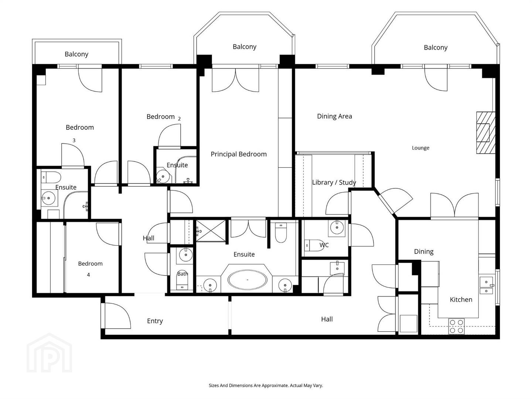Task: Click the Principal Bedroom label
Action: point(239,154)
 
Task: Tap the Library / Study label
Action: point(334,183)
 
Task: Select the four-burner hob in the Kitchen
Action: point(457,326)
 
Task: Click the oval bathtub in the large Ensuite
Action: point(247,280)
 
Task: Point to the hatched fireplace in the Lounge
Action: point(486,133)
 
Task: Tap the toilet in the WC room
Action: point(314,246)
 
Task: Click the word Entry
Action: point(155,321)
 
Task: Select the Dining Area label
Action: point(334,116)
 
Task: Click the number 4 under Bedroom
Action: point(88,275)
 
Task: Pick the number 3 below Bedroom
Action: point(74,140)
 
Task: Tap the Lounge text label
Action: point(420,148)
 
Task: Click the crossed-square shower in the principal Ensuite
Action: point(211,231)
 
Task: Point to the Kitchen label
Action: point(461,300)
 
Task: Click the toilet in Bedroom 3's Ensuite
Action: point(51,177)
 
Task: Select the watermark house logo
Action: point(50,353)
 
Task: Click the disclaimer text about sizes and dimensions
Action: point(266,385)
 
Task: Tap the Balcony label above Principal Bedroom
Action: point(245,47)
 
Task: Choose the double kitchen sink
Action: point(487,285)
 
